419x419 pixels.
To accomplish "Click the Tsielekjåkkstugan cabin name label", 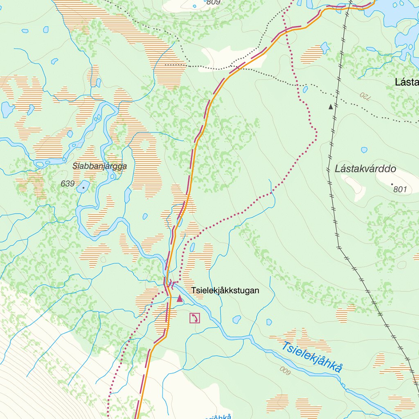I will click(225, 291).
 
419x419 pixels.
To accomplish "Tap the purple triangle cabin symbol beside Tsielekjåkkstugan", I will click(179, 298).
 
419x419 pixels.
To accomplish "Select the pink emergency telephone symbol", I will click(195, 318).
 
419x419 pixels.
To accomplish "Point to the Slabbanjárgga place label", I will click(99, 166).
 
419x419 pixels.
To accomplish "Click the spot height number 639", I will click(68, 184).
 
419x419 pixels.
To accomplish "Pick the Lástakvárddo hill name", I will click(365, 169).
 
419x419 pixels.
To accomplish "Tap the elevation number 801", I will click(401, 189).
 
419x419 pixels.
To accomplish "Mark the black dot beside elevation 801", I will click(392, 184).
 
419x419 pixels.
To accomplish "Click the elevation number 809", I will click(213, 2).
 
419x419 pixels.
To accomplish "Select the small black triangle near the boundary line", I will click(331, 107).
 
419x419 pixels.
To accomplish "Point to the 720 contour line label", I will click(364, 97).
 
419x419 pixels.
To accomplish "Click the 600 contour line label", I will click(285, 369).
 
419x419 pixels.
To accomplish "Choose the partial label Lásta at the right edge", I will click(407, 82).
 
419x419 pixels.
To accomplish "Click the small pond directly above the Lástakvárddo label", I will click(364, 150).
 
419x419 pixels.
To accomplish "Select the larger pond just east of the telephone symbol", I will click(237, 319).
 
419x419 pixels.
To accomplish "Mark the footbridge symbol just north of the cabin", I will click(172, 283).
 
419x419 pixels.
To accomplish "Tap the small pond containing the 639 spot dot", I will click(83, 187).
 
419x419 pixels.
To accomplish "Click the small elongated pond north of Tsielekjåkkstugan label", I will click(192, 247).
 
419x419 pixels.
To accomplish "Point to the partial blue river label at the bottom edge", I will click(217, 417).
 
